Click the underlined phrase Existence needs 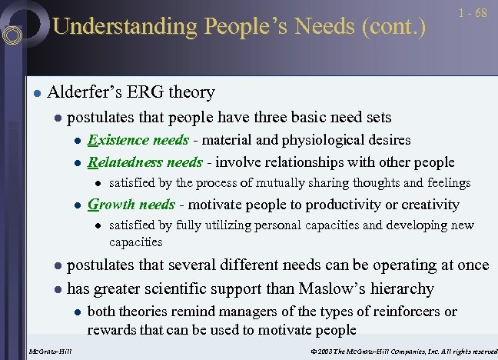[138, 140]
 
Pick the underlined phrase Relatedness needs [145, 162]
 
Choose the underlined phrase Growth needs [132, 205]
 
